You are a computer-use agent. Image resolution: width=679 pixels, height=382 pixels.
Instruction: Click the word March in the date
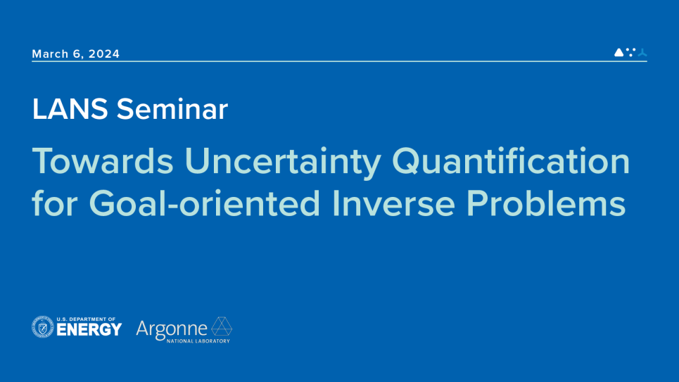pyautogui.click(x=50, y=53)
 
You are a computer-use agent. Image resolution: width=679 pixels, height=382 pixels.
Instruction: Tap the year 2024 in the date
pyautogui.click(x=104, y=53)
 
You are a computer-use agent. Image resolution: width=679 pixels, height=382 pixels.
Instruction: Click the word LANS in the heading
pyautogui.click(x=70, y=109)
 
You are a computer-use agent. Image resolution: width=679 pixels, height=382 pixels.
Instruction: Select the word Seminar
pyautogui.click(x=172, y=109)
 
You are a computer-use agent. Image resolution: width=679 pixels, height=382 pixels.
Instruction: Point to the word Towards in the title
pyautogui.click(x=103, y=161)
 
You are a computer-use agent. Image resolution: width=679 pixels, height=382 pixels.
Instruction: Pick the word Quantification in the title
pyautogui.click(x=511, y=162)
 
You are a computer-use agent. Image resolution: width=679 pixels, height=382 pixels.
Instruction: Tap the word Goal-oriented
pyautogui.click(x=204, y=203)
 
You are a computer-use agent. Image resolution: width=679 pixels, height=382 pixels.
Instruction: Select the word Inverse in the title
pyautogui.click(x=393, y=203)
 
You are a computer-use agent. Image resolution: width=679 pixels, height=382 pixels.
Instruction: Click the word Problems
pyautogui.click(x=545, y=203)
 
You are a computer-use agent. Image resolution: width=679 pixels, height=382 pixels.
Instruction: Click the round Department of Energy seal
pyautogui.click(x=43, y=327)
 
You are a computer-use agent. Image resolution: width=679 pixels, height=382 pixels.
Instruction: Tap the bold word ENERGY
pyautogui.click(x=89, y=330)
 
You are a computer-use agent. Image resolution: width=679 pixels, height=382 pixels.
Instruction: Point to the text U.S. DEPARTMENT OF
pyautogui.click(x=86, y=319)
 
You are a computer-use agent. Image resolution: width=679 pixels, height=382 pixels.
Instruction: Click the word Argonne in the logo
pyautogui.click(x=172, y=329)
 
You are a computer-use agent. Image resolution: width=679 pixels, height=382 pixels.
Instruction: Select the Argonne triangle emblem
pyautogui.click(x=222, y=326)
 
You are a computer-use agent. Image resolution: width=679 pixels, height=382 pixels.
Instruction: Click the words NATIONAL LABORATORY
pyautogui.click(x=198, y=341)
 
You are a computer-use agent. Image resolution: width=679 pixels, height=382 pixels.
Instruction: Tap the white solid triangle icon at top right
pyautogui.click(x=618, y=52)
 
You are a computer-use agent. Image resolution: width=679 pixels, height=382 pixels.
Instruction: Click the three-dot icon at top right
pyautogui.click(x=631, y=52)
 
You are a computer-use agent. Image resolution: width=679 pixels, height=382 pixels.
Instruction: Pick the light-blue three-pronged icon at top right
pyautogui.click(x=642, y=52)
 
